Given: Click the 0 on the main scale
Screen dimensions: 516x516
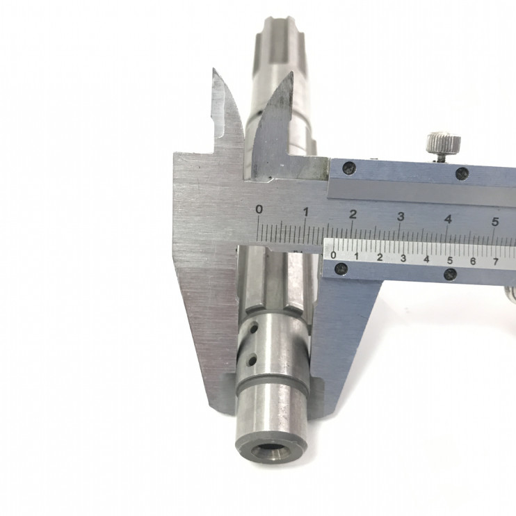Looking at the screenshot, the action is click(259, 209).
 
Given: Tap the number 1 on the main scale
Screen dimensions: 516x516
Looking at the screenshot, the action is click(306, 212).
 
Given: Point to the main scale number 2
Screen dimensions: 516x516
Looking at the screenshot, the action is click(353, 215).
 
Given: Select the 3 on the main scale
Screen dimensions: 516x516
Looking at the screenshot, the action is click(401, 217).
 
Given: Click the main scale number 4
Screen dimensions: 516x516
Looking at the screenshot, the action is click(448, 219).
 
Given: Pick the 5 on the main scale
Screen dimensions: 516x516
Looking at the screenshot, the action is click(495, 222).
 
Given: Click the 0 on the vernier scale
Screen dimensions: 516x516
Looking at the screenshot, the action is click(333, 255).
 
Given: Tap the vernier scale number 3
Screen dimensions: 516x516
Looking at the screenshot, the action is click(403, 258).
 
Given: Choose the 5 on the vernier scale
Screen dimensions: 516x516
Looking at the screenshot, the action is click(450, 260).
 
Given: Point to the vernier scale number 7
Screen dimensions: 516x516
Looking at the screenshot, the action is click(496, 262).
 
